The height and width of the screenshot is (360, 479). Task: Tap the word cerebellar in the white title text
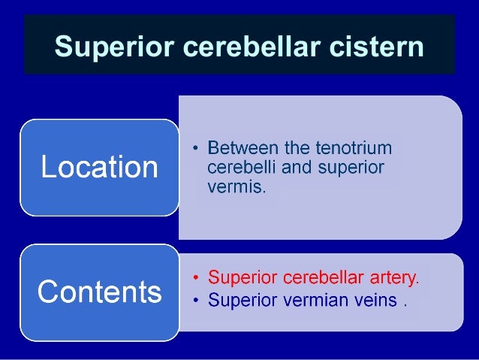pos(250,47)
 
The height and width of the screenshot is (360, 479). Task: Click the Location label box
pos(99,167)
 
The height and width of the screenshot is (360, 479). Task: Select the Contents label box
pos(99,292)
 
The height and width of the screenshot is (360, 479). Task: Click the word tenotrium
pos(350,147)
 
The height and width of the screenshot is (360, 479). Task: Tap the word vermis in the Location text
pos(235,186)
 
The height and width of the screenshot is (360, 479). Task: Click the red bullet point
pos(196,279)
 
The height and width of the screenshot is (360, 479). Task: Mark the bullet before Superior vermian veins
pos(196,301)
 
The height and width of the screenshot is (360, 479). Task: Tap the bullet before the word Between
pos(196,147)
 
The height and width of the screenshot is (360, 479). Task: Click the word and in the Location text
pos(295,166)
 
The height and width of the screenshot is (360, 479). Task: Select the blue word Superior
pos(240,301)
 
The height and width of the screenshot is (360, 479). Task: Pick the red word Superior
pos(240,278)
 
